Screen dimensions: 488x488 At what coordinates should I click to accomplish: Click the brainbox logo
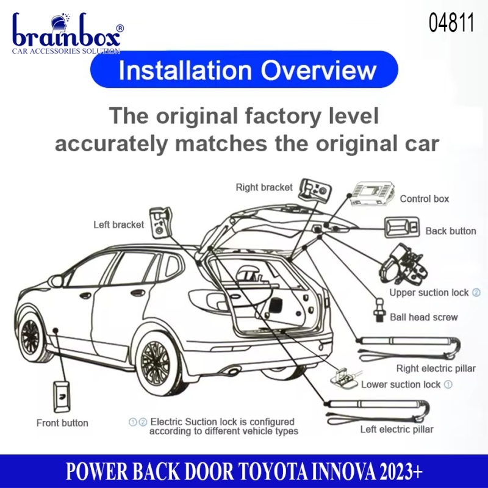coord(68,34)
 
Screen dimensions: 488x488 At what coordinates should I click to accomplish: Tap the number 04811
coord(451,23)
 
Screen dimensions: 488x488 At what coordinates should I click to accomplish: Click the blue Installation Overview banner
coord(244,70)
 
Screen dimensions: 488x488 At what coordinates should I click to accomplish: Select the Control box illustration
coord(372,193)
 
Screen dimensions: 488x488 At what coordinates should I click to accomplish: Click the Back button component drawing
coord(402,228)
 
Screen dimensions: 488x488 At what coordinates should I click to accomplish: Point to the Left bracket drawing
coord(160,223)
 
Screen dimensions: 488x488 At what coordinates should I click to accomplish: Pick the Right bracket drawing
coord(315,190)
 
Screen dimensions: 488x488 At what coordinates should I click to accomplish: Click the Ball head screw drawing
coord(379,310)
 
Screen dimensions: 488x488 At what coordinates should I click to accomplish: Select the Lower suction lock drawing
coord(344,378)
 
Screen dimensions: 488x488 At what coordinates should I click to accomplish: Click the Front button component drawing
coord(62,396)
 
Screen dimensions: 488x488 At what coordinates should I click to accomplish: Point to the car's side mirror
coord(57,281)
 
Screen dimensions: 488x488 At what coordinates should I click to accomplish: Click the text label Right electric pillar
coord(436,368)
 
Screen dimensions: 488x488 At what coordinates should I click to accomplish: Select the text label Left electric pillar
coord(397,429)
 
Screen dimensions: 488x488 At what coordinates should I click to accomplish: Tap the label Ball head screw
coord(423,317)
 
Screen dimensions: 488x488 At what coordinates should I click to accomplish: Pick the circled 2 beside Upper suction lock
coord(476,293)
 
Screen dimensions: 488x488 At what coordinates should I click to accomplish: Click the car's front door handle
coord(85,295)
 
